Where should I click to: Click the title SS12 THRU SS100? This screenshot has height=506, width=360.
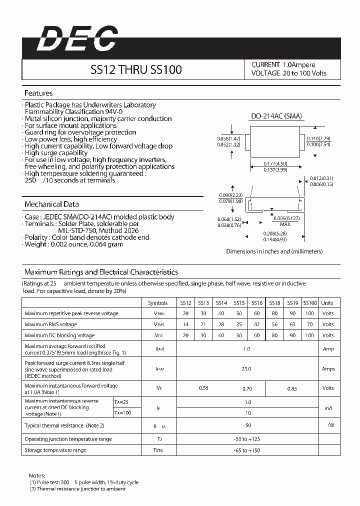click(x=135, y=69)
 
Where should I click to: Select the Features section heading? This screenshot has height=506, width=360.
click(x=38, y=93)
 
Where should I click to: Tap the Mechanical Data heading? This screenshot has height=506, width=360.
click(x=51, y=204)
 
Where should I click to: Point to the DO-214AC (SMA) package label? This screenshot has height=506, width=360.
click(x=276, y=116)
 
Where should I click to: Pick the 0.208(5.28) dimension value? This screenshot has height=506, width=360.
click(x=275, y=233)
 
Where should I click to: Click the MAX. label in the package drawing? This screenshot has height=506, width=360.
click(x=285, y=223)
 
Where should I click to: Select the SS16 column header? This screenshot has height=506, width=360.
click(x=256, y=303)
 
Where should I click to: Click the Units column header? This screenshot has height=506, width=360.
click(x=327, y=303)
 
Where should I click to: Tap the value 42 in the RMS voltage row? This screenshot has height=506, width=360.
click(x=256, y=324)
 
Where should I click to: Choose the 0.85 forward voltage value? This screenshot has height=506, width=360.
click(x=292, y=388)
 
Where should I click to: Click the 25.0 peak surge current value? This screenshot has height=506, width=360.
click(x=247, y=368)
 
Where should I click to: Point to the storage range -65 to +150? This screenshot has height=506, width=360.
click(x=247, y=450)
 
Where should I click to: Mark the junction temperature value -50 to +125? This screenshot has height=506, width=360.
click(x=247, y=439)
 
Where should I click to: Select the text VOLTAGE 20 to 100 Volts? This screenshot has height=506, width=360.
click(x=289, y=73)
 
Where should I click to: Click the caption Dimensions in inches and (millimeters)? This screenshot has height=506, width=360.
click(x=274, y=251)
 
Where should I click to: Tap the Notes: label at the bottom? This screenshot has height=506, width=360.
click(x=37, y=475)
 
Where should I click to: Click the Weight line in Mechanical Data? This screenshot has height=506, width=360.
click(x=73, y=244)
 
